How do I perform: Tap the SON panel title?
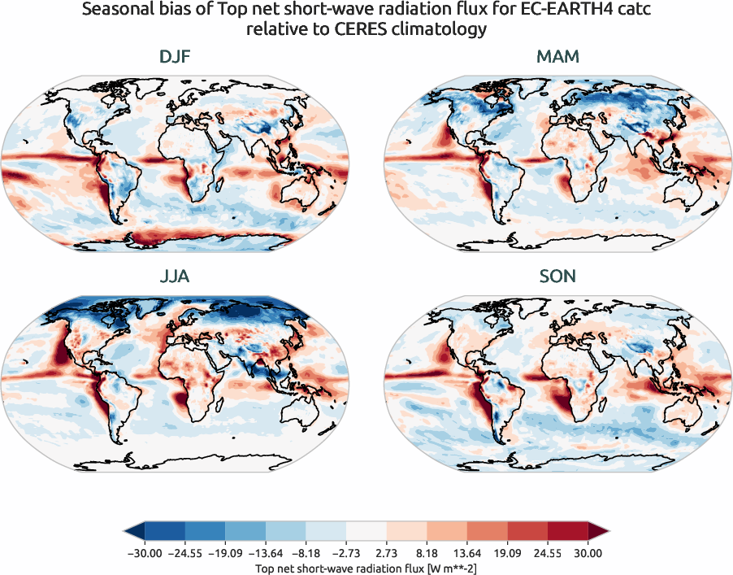click(x=557, y=277)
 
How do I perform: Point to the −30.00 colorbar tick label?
click(x=145, y=553)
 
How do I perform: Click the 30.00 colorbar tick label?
click(x=588, y=553)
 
